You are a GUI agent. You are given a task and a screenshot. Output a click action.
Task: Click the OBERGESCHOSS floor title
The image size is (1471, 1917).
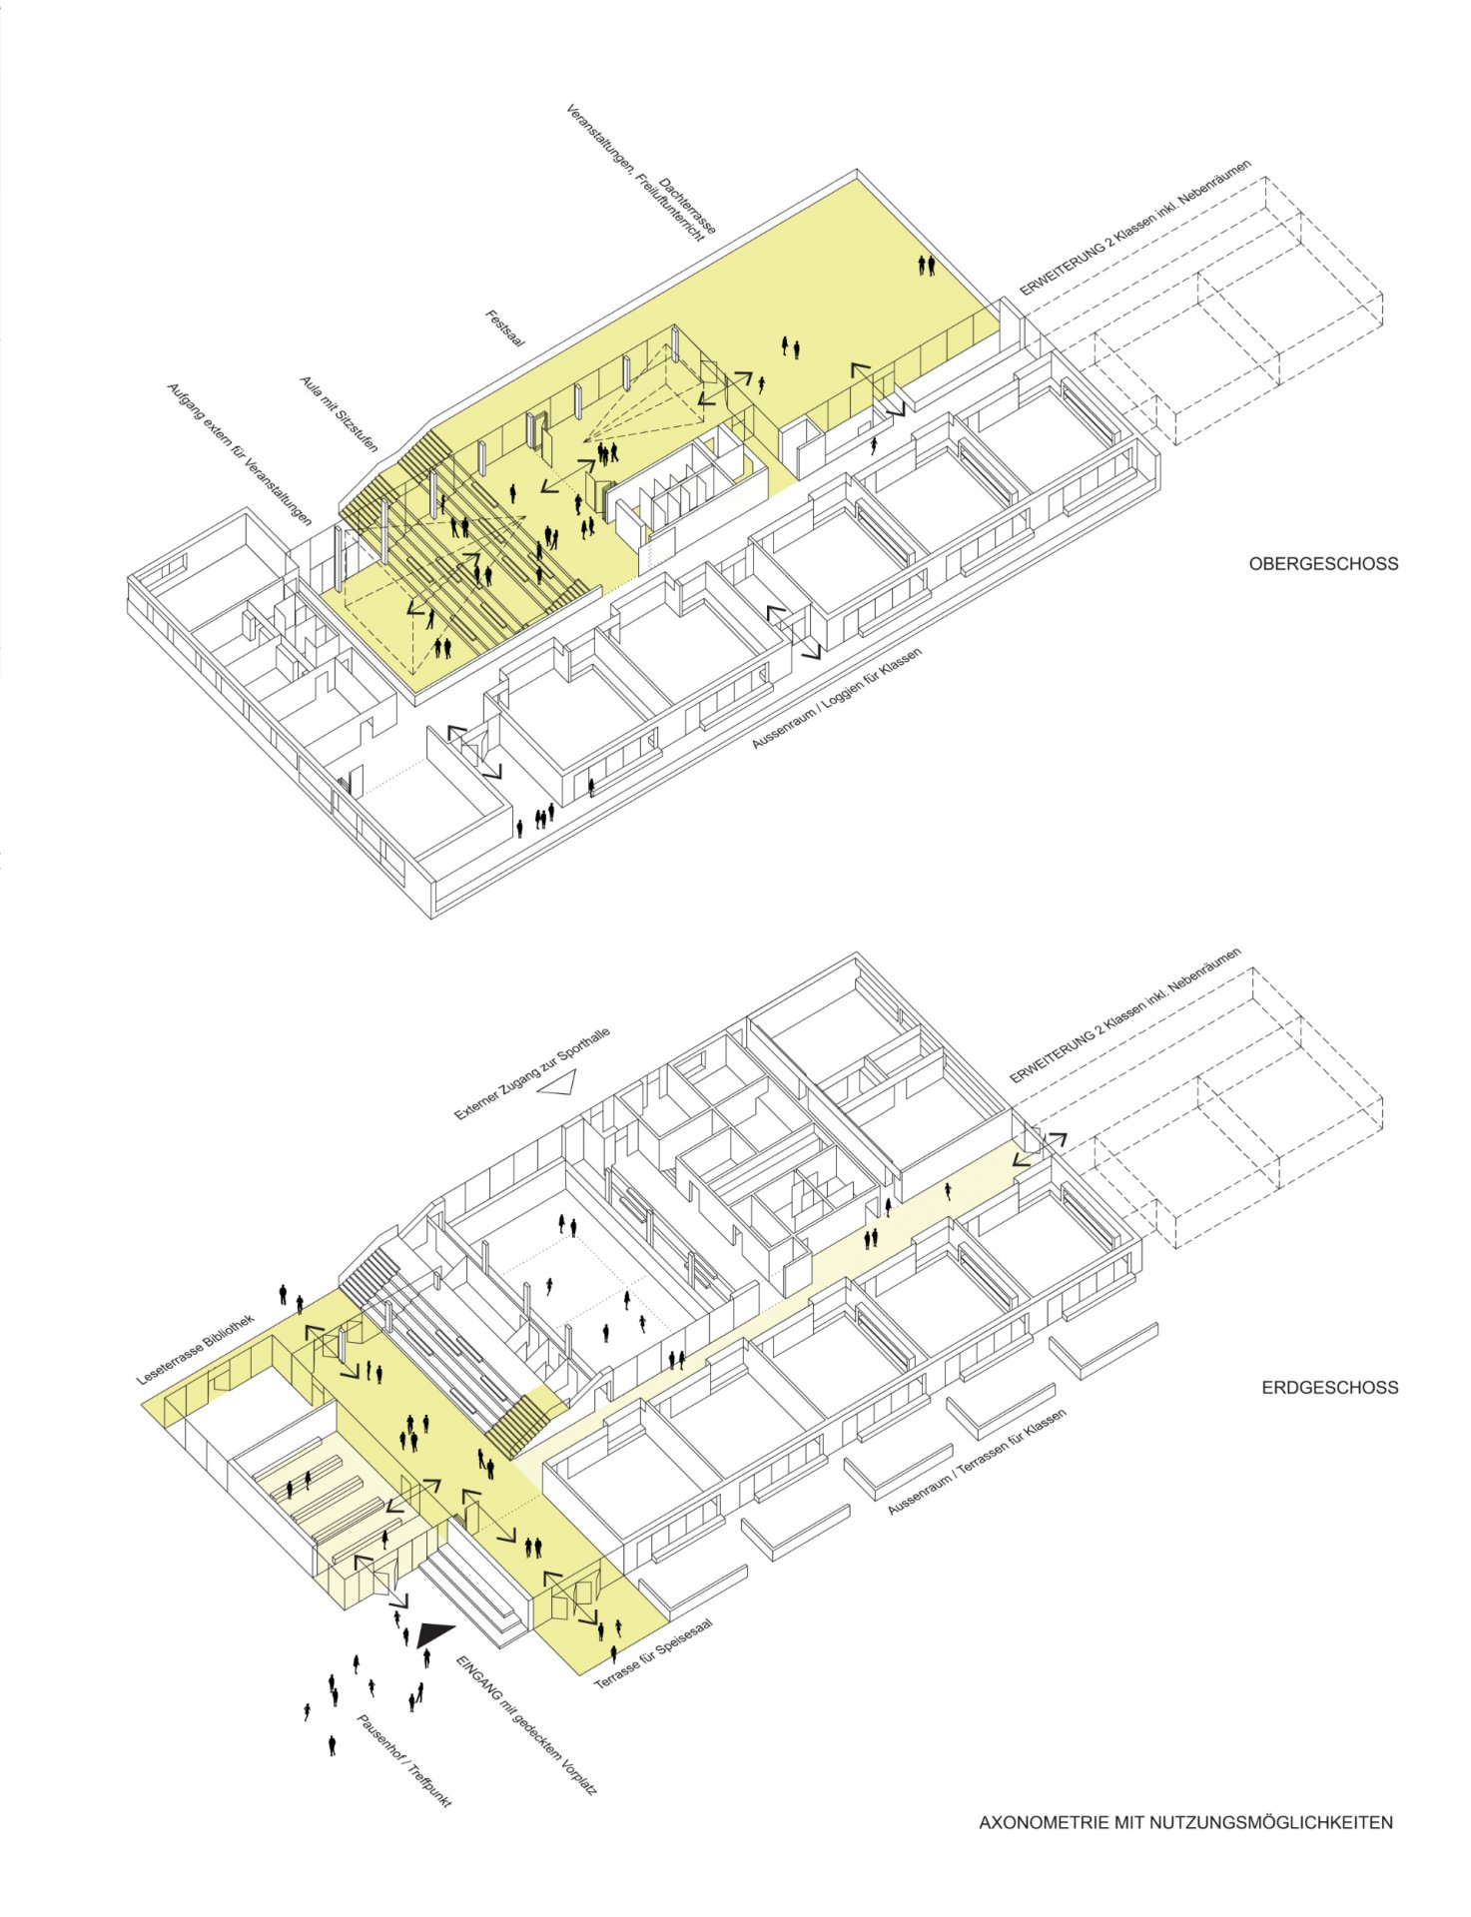point(1323,564)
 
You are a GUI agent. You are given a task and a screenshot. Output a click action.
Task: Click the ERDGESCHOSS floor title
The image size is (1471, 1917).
point(1329,1388)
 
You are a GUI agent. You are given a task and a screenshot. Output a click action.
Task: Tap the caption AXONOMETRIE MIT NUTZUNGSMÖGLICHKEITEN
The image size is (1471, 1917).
point(1185,1823)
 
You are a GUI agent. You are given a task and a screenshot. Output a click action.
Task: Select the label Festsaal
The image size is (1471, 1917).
point(505,328)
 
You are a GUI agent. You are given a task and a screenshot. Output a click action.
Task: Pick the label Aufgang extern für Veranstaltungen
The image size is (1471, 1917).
point(239,454)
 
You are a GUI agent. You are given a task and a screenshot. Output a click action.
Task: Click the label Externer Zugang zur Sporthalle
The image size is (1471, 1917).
point(532,1074)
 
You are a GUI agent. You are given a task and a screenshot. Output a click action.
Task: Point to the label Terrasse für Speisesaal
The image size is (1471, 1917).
point(654,1656)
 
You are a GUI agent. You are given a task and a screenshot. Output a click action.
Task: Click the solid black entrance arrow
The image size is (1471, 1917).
point(434,1633)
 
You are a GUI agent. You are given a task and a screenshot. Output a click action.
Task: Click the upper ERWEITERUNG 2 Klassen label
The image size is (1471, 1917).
point(1135,229)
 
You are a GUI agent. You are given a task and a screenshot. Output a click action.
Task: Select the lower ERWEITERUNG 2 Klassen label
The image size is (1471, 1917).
point(1125,1015)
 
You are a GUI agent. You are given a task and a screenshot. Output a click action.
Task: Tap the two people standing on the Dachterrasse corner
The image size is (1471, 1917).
point(928,265)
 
